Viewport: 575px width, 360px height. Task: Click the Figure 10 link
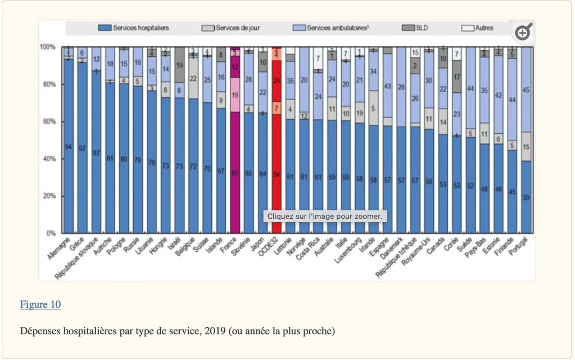tap(40, 305)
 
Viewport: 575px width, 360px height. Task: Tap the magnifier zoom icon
tap(523, 33)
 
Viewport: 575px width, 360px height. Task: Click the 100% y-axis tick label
tap(48, 47)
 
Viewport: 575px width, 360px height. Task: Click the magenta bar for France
tap(235, 169)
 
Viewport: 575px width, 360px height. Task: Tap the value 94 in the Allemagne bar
tap(68, 147)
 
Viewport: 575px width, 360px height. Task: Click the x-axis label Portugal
tap(520, 246)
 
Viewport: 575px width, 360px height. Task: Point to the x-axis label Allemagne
tap(60, 247)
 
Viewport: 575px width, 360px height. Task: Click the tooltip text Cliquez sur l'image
tap(325, 216)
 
